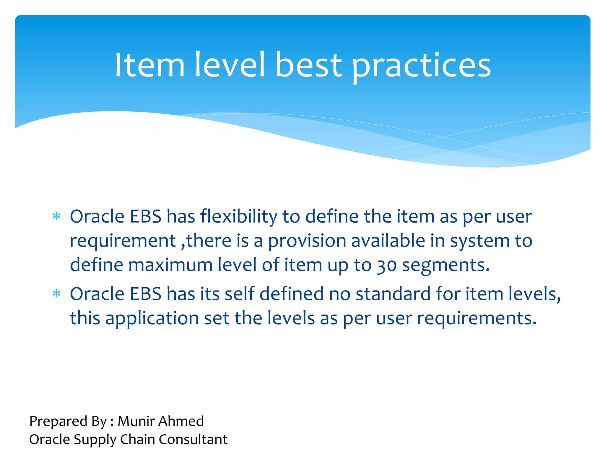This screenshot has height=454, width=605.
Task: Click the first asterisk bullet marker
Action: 56,217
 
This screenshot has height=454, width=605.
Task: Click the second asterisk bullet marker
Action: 56,294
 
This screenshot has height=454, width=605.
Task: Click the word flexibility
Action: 239,217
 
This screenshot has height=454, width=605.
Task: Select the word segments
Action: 445,265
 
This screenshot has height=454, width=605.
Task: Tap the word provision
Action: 307,241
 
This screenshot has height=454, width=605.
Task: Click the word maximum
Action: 170,265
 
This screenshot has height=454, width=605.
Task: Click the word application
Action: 152,319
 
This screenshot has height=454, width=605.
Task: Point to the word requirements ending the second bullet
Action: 476,319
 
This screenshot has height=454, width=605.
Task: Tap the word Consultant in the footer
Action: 193,439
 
